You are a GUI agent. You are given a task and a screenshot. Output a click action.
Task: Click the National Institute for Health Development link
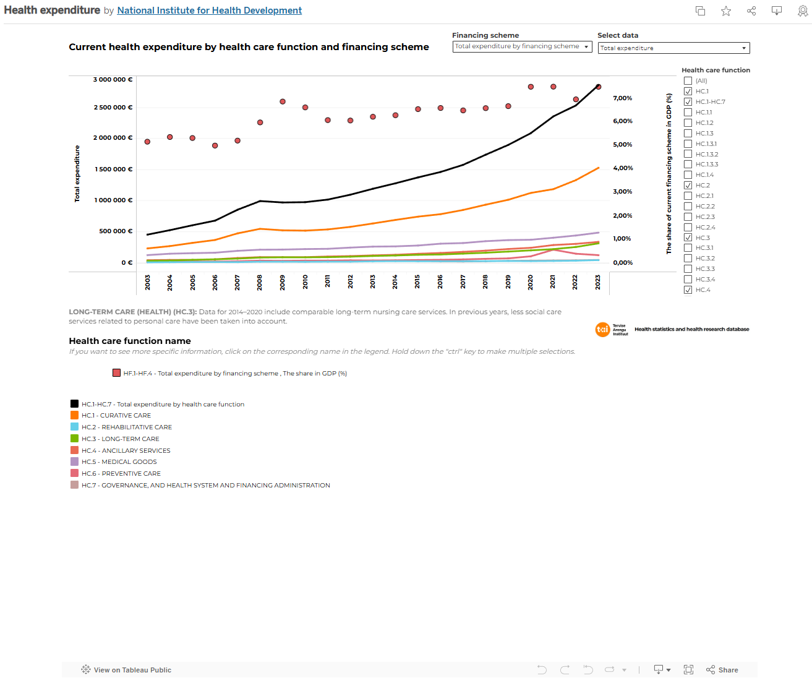click(x=209, y=11)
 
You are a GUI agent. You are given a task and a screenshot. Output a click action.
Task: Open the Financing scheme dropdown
click(x=522, y=47)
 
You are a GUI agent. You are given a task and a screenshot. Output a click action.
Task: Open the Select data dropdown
click(x=673, y=48)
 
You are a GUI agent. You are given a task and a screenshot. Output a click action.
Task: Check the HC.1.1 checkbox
click(x=688, y=113)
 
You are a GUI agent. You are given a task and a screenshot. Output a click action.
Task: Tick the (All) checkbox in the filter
click(x=688, y=81)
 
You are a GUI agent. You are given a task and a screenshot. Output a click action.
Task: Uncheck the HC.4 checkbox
click(x=688, y=290)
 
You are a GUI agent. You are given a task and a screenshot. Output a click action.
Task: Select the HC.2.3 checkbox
click(x=688, y=217)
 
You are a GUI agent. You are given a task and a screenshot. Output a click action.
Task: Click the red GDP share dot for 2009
click(x=283, y=101)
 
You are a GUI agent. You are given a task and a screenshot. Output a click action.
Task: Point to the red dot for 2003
click(x=147, y=142)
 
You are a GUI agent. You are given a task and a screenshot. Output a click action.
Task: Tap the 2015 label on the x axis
click(x=417, y=282)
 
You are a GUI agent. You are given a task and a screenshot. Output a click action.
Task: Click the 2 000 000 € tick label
click(x=113, y=138)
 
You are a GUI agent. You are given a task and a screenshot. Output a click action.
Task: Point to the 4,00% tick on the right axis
click(x=622, y=168)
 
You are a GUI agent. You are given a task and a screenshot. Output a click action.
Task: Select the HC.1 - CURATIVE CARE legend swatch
click(x=75, y=416)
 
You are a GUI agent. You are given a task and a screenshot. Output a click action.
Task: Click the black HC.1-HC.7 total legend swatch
click(x=75, y=404)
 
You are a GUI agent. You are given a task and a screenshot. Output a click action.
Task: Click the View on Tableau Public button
click(x=126, y=670)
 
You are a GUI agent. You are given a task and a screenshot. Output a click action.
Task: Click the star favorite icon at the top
click(x=726, y=11)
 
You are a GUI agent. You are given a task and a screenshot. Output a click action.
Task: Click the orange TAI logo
click(x=602, y=330)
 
